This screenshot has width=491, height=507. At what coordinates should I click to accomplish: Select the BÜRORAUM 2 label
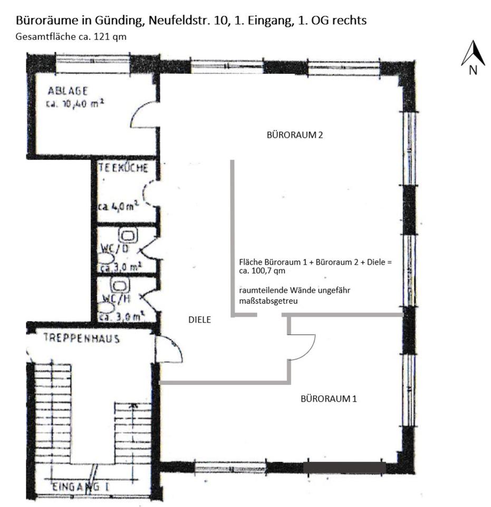[x=295, y=135]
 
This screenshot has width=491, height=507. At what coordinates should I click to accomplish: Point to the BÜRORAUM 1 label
[x=329, y=399]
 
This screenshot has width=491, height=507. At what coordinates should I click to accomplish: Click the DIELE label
[x=200, y=320]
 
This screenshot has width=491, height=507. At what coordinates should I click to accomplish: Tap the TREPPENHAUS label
[x=81, y=338]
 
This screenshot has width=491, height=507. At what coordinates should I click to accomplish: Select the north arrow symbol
[x=473, y=53]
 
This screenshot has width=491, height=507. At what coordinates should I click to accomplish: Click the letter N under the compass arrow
[x=473, y=70]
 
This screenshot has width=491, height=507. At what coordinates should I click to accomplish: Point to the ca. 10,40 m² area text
[x=74, y=104]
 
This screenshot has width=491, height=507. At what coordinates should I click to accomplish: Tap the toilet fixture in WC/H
[x=122, y=286]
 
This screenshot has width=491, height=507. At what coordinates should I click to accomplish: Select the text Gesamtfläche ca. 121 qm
[x=71, y=37]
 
